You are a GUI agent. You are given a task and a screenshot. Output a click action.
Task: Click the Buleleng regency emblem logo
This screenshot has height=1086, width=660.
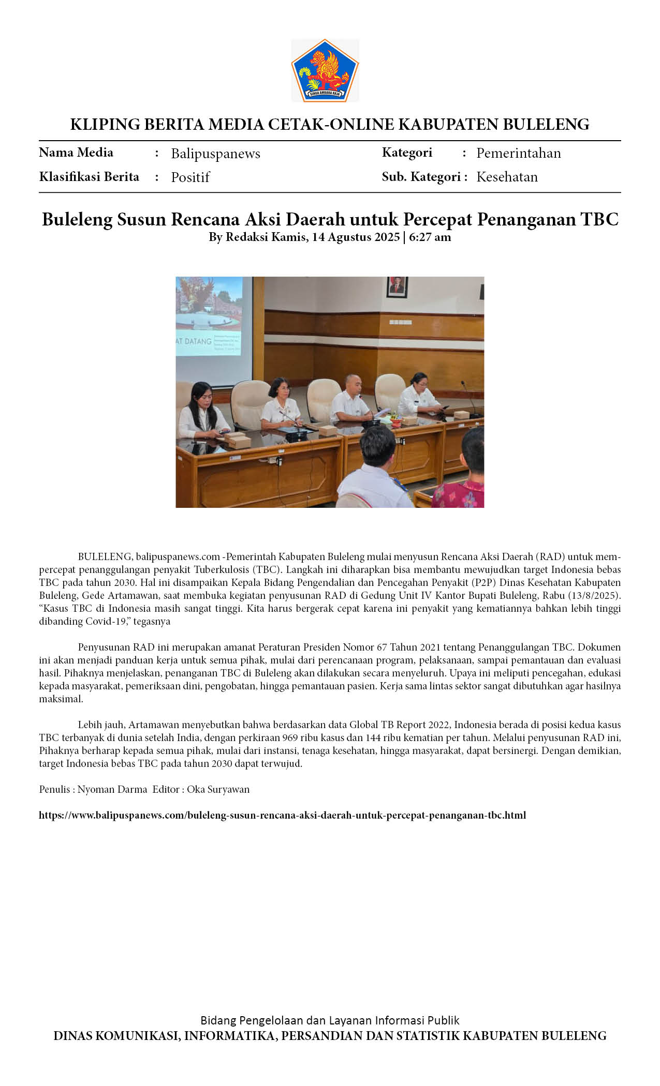[x=325, y=70]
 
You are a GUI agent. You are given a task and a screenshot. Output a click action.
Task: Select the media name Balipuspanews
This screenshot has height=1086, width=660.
[x=215, y=154]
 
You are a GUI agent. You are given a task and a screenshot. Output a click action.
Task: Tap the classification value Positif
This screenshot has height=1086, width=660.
[x=190, y=177]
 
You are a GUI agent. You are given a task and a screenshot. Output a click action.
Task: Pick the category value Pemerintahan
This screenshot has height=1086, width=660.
[x=518, y=153]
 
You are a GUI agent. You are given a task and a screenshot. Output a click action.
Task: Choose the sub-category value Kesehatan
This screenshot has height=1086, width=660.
[x=507, y=177]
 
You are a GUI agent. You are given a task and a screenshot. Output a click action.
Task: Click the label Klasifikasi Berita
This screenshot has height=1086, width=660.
[x=89, y=177]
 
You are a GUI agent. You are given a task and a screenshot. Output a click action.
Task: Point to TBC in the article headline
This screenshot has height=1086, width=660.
[x=599, y=219]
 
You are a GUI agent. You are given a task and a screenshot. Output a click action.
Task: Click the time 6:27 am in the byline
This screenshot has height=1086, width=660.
[x=430, y=237]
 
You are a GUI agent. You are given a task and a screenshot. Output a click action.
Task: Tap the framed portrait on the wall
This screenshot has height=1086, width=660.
[x=397, y=286]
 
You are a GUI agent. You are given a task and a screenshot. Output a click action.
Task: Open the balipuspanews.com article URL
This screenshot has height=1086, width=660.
[x=282, y=815]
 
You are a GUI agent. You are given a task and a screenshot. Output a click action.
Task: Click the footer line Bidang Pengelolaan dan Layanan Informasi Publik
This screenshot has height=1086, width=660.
[x=330, y=1020]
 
